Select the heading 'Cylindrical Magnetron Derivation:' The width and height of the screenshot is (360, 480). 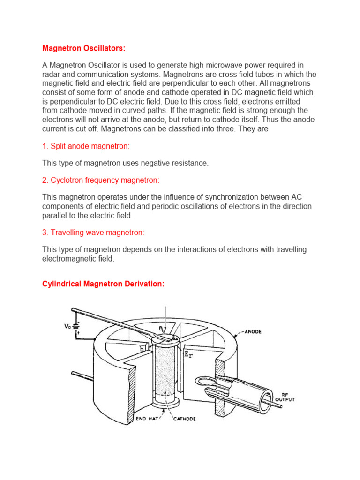[x=103, y=285]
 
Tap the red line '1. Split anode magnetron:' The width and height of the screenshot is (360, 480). [x=85, y=146]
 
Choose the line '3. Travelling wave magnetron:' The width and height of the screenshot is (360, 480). [x=93, y=232]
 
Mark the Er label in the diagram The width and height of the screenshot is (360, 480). [x=189, y=355]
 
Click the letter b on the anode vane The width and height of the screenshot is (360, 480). [x=142, y=349]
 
